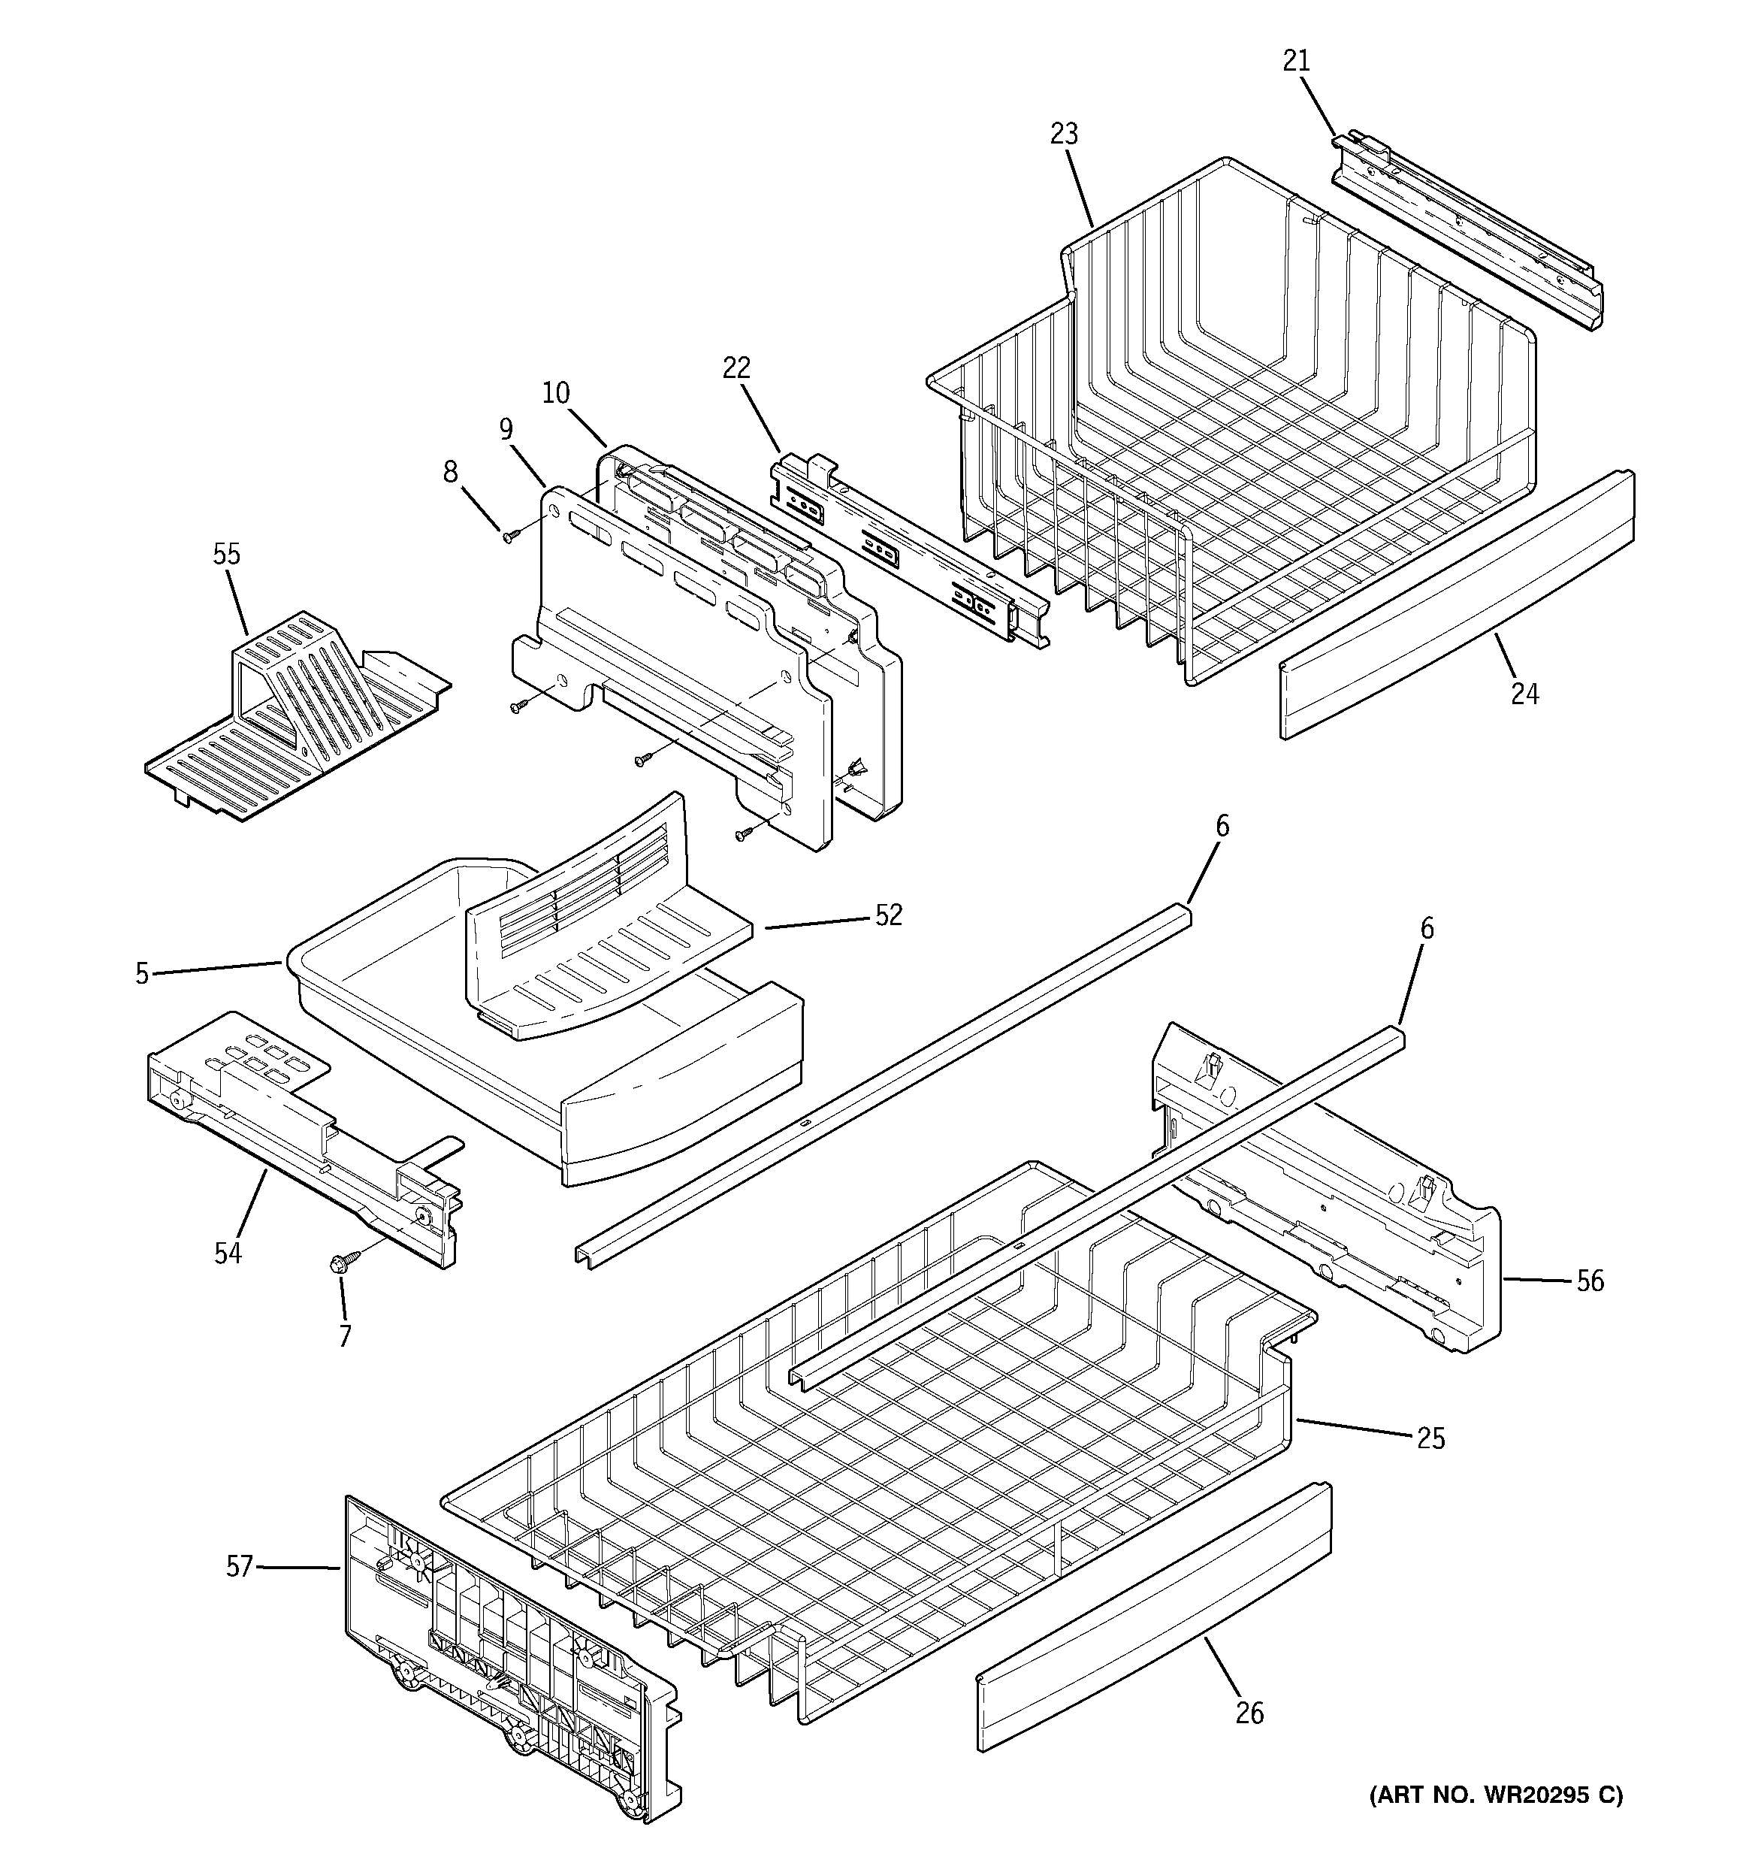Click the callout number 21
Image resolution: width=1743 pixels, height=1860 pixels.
coord(1296,61)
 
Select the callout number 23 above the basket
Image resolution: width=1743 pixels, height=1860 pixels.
coord(1064,135)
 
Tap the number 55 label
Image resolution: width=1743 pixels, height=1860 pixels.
coord(226,555)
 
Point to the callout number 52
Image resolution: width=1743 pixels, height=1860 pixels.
coord(888,915)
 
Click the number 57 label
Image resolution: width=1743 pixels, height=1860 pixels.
coord(240,1566)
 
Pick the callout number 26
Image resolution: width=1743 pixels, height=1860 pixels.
coord(1249,1713)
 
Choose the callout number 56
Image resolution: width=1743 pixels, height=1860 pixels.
coord(1590,1281)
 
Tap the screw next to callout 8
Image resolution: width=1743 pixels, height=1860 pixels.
coord(511,536)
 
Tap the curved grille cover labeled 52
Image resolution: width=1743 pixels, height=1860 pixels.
coord(599,927)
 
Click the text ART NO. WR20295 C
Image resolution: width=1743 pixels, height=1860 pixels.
coord(1496,1795)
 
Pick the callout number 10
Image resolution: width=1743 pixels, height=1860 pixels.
coord(556,393)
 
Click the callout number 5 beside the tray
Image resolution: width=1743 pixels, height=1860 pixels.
coord(141,974)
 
